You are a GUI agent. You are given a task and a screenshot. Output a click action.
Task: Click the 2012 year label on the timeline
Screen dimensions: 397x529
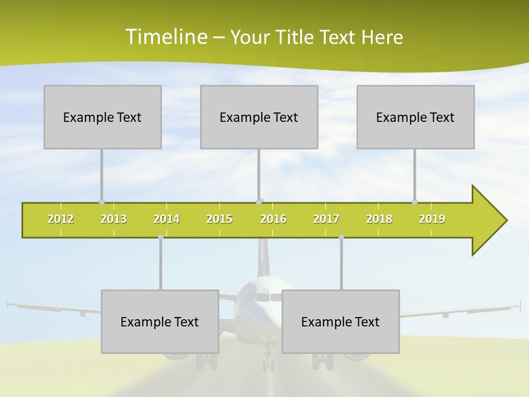click(61, 219)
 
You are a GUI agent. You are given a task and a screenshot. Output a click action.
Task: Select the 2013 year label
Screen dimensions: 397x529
click(114, 219)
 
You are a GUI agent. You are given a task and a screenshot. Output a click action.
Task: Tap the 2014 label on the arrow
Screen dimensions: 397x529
click(166, 219)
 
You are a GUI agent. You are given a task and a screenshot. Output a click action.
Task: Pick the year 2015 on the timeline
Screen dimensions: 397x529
click(219, 219)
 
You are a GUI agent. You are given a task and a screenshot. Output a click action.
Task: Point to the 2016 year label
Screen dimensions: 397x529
click(273, 219)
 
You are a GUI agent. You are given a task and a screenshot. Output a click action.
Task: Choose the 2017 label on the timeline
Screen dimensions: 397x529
click(326, 219)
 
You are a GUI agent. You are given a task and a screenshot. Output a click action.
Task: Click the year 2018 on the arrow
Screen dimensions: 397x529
click(379, 219)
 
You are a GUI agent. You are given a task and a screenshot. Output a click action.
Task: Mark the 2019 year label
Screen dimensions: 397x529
click(432, 219)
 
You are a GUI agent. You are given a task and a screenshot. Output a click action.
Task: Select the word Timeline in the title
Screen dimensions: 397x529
click(165, 37)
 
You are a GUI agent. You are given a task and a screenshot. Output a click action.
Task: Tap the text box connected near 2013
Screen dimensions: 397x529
click(102, 117)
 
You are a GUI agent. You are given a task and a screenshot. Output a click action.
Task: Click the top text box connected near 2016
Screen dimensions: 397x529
click(259, 117)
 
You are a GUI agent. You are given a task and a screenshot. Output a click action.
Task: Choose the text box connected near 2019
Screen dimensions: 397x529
click(415, 117)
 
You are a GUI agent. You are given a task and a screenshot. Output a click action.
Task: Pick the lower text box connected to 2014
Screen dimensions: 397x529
click(160, 321)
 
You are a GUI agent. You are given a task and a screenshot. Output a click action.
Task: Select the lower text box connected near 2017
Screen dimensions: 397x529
click(341, 321)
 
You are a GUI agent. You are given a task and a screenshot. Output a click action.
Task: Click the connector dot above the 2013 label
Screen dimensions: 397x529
click(101, 202)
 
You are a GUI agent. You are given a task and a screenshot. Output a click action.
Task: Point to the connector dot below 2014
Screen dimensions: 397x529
click(160, 237)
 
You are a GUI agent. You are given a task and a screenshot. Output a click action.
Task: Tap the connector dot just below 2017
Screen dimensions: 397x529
click(341, 237)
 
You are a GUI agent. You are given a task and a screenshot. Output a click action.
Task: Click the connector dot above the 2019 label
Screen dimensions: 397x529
click(414, 202)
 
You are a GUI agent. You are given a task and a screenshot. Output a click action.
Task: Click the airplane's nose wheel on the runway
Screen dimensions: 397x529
click(268, 364)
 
